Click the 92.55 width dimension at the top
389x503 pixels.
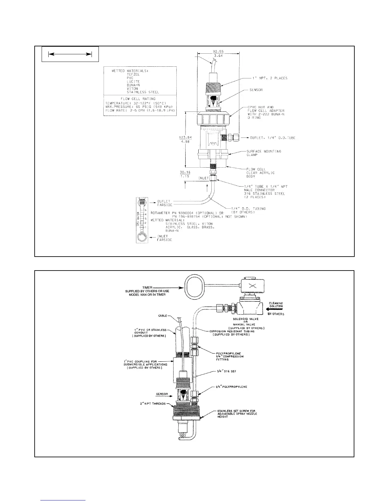pos(218,51)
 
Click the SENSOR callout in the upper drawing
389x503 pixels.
pos(256,90)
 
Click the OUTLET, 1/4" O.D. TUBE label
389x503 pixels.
pos(269,138)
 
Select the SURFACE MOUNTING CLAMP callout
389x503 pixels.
pos(264,153)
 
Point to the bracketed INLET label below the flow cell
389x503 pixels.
pos(203,178)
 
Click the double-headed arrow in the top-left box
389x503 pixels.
pos(70,55)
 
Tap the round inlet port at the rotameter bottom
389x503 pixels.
pos(142,237)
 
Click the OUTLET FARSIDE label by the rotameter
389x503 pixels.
pos(164,203)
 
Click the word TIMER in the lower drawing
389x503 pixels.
pos(147,287)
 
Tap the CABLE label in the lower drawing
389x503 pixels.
pos(163,316)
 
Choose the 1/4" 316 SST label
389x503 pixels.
pos(221,372)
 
